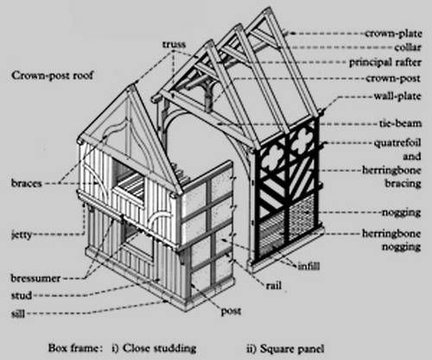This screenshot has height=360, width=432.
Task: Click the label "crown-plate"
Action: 393,34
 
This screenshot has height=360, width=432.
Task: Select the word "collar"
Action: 408,47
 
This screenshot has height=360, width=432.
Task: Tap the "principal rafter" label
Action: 385,62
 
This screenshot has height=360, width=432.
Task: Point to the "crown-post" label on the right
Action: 393,79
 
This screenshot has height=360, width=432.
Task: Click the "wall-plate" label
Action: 397,96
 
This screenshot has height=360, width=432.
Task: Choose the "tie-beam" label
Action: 400,123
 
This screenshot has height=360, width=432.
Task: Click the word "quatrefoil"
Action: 397,143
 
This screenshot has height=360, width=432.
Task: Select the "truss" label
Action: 174,44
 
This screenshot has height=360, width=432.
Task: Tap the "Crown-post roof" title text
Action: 53,76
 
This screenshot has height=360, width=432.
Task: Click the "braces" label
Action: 27,183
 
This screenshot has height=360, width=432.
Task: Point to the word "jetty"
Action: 22,235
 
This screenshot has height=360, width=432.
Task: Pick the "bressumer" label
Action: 35,278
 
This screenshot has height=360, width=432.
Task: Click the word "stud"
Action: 22,295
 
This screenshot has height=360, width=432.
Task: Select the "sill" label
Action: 18,313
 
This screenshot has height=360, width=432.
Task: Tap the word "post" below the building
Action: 231,311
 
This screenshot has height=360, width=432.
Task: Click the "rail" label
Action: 273,286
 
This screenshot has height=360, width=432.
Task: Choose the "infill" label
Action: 308,266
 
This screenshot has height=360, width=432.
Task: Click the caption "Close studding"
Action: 159,348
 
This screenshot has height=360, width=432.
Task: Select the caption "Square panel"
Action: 292,349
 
